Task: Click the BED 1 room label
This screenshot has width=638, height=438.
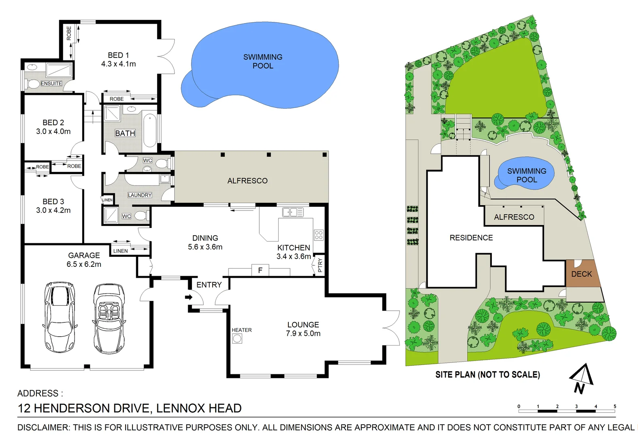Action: [118, 59]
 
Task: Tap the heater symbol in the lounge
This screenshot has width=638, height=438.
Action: [237, 339]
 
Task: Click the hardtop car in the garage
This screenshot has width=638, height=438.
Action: [60, 317]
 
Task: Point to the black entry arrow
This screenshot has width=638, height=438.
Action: [189, 297]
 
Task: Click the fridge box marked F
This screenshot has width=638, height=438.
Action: [260, 270]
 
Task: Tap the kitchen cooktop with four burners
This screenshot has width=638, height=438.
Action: [319, 235]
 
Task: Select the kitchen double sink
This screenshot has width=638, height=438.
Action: [292, 212]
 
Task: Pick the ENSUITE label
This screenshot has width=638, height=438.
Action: [51, 84]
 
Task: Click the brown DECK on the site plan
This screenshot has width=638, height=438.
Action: [581, 274]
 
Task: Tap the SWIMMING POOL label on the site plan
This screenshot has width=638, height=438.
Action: [526, 175]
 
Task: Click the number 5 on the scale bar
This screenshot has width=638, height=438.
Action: [615, 406]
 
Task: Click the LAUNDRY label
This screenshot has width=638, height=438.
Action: [140, 195]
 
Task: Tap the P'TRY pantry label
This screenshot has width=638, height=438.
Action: [320, 265]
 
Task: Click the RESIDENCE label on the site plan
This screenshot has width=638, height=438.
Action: [471, 238]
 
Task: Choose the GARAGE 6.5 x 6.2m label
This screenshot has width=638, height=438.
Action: [84, 260]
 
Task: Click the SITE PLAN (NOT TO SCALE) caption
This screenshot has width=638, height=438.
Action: [487, 375]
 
